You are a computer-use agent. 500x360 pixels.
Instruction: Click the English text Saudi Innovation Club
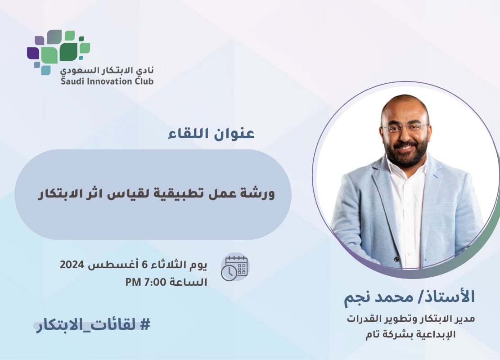107,81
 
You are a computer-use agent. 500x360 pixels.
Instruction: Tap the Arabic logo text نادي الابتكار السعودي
107,70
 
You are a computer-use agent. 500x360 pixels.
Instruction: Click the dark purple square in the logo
32,53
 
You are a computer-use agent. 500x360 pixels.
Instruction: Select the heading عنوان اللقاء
212,133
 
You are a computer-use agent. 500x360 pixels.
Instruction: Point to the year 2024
72,265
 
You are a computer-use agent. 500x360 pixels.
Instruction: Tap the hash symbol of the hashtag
145,325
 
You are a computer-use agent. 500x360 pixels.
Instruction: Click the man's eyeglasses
404,128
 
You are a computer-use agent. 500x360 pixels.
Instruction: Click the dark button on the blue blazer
396,259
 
